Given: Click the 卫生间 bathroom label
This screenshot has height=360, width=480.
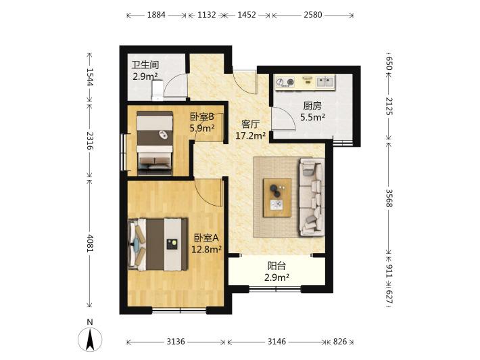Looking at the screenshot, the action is pos(145,65).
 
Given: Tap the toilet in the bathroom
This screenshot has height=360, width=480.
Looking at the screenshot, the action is pos(158,91).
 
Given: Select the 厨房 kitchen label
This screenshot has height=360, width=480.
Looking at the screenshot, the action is pos(312,106).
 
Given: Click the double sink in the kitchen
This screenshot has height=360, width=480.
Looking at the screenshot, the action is pos(325,82).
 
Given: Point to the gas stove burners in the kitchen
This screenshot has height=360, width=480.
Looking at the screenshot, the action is pos(285,82).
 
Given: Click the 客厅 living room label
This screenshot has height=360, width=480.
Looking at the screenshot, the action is pos(250,124).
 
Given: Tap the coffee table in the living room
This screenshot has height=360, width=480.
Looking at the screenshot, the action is pos(277,198).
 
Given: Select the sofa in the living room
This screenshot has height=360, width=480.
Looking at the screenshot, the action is pos(312,197).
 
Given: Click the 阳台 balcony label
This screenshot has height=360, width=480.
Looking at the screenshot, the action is pos(277,266).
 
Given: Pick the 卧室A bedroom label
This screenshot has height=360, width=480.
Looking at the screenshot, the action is pos(206,238).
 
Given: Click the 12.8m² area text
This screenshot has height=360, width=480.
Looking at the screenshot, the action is pos(206,250).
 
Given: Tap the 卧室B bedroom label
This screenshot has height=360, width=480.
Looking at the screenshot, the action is pos(202,117).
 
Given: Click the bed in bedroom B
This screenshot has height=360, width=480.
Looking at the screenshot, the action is pos(155,143).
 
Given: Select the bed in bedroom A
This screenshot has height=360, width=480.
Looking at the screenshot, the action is pos(158,244).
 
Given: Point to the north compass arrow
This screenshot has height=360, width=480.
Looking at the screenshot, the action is pos(90,340).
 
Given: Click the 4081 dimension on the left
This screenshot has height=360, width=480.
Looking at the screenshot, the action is pos(90,244).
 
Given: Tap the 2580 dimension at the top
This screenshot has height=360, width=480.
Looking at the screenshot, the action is pos(313,15).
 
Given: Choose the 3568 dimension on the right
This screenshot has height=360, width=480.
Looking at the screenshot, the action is pos(389,198).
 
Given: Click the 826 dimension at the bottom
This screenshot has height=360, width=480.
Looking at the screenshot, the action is pos(340,341).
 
